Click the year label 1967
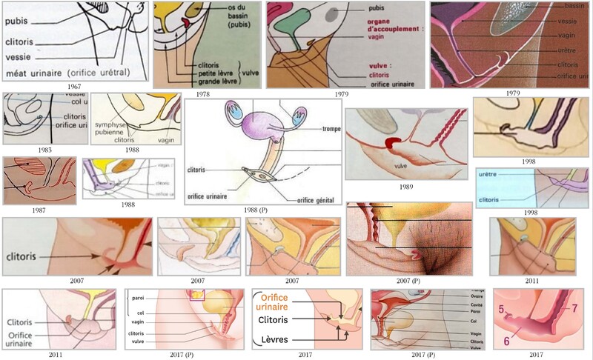[75, 87]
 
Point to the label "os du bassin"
[223, 10]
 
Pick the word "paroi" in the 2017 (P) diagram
[136, 299]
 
